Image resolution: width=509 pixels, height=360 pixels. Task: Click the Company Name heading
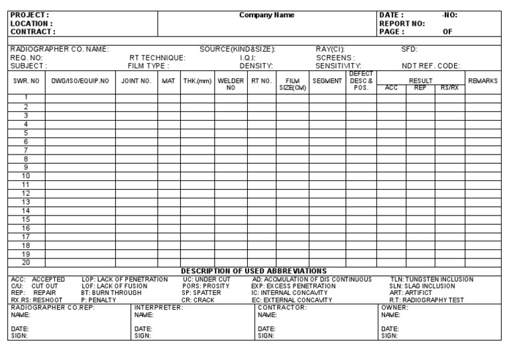pyautogui.click(x=267, y=15)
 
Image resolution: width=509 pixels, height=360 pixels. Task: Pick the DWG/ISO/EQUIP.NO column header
pyautogui.click(x=80, y=80)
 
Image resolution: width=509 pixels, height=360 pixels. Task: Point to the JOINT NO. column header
pyautogui.click(x=136, y=80)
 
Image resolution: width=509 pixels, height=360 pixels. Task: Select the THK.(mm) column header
pyautogui.click(x=197, y=80)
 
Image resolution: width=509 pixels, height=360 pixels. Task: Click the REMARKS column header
pyautogui.click(x=482, y=80)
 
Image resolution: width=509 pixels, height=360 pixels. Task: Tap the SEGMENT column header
pyautogui.click(x=327, y=80)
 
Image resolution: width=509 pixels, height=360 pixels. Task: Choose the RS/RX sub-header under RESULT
pyautogui.click(x=449, y=88)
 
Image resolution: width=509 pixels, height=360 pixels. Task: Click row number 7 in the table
pyautogui.click(x=26, y=150)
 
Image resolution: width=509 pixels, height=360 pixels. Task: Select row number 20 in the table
pyautogui.click(x=26, y=262)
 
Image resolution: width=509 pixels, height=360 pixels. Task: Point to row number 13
pyautogui.click(x=26, y=202)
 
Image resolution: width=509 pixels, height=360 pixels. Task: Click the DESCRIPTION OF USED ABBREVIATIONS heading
pyautogui.click(x=254, y=270)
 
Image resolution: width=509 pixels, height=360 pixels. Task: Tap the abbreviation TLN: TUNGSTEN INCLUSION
pyautogui.click(x=431, y=279)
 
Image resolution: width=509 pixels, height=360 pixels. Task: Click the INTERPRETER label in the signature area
pyautogui.click(x=158, y=308)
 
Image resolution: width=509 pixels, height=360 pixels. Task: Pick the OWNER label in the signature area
pyautogui.click(x=395, y=308)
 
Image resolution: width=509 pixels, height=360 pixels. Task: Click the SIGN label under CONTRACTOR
pyautogui.click(x=266, y=335)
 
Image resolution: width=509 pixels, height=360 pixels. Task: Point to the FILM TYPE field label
pyautogui.click(x=148, y=66)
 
